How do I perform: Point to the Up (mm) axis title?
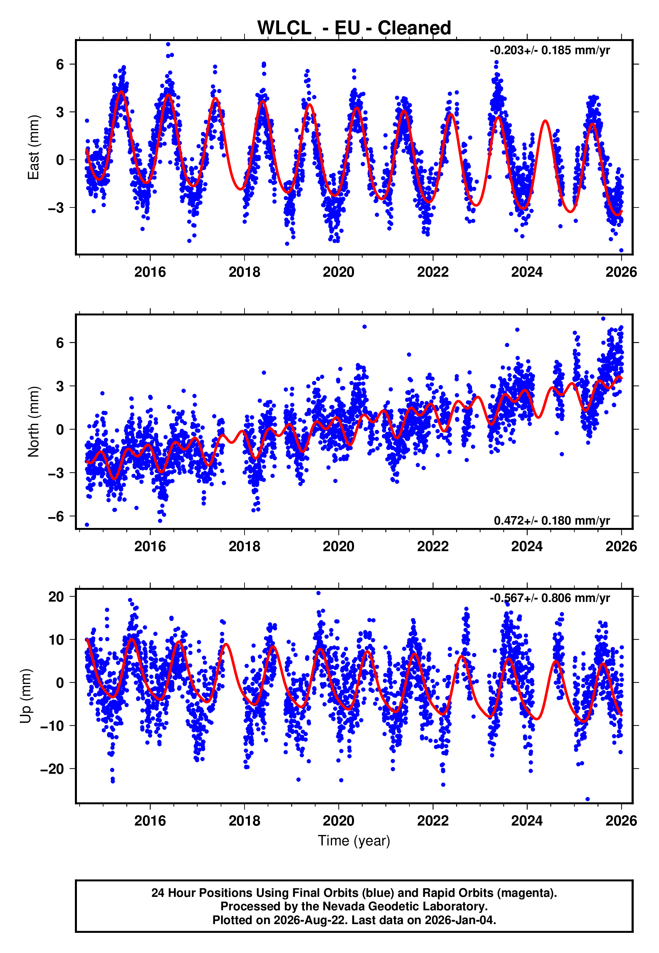pos(26,695)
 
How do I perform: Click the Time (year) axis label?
pos(354,841)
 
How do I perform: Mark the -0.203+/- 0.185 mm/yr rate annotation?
pos(550,50)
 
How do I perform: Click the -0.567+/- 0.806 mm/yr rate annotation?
pos(550,598)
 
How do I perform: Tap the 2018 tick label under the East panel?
pos(245,272)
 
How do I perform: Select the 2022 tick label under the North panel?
pos(433,546)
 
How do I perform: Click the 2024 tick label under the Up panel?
pos(527,821)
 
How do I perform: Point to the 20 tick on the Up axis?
pos(56,596)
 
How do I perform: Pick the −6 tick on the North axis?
pos(56,516)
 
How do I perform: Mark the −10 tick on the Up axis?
pos(52,725)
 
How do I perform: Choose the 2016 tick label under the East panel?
pos(150,272)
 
